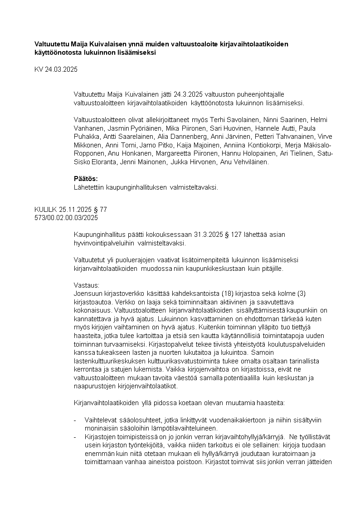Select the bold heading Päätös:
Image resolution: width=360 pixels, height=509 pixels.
[x=86, y=178]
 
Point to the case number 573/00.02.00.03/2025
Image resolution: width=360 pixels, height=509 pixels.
[x=66, y=218]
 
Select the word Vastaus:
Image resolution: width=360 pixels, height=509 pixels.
[x=86, y=285]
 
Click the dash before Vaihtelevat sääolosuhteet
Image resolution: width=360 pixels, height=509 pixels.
[x=75, y=420]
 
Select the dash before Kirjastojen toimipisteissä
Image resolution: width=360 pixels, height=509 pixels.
[x=75, y=436]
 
